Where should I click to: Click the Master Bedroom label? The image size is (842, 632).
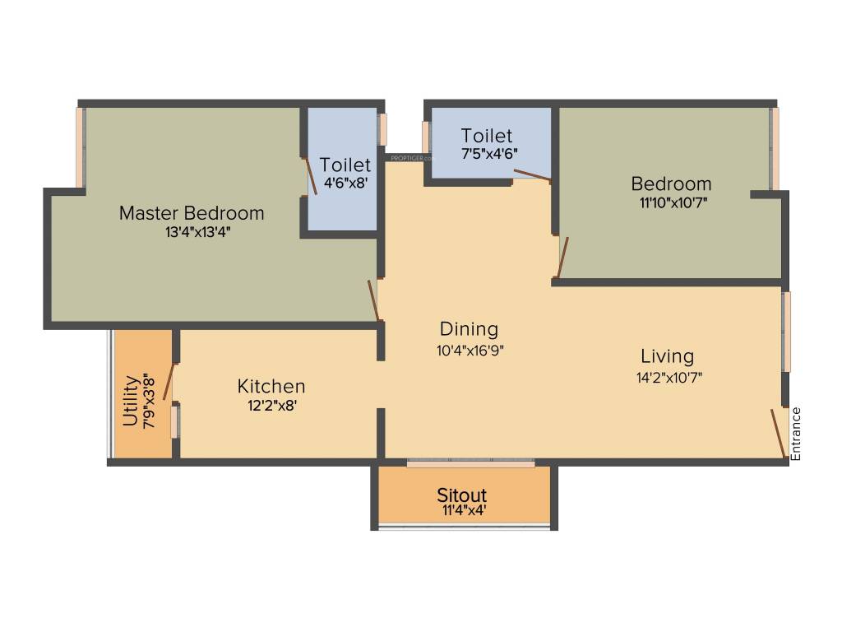192,213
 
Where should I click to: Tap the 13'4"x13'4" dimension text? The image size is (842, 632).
197,232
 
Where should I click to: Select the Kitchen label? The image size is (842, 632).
271,386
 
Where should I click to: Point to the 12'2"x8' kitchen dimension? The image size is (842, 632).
271,405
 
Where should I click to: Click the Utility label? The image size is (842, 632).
130,401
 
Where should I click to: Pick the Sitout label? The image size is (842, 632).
461,495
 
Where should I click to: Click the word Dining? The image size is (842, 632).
469,329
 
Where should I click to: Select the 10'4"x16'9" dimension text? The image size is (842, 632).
470,349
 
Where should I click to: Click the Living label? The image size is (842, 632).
667,356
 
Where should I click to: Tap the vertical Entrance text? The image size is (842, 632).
795,433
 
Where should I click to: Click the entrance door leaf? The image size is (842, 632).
777,433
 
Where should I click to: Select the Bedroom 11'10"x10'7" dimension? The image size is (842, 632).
670,201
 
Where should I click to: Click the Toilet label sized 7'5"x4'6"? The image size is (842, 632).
487,136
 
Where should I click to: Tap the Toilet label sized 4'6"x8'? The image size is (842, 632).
345,165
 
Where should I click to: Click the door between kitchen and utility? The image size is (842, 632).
169,381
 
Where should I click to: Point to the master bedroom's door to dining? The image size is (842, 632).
373,300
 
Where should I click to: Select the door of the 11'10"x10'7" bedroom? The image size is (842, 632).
562,258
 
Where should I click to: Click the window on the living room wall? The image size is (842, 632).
787,331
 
